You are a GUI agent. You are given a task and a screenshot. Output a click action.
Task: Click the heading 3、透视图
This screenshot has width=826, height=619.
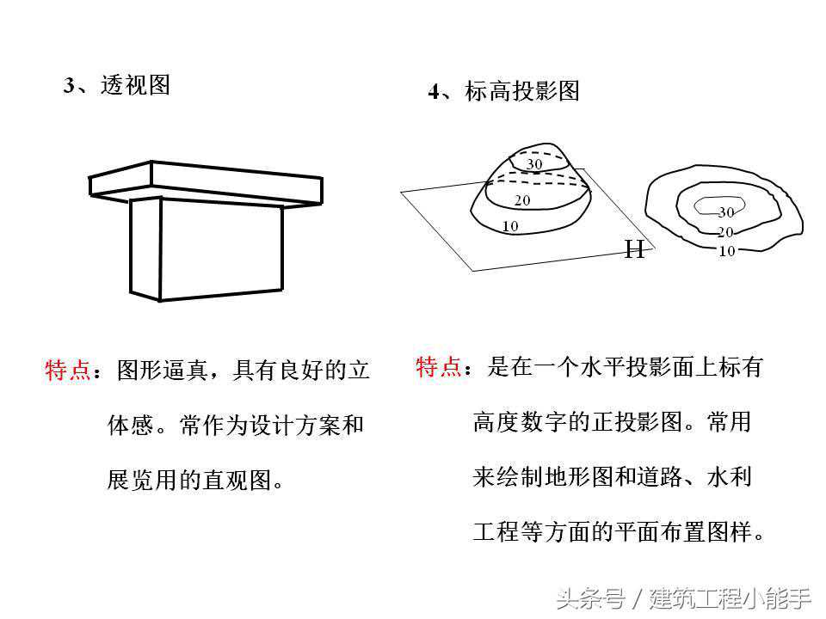click(116, 85)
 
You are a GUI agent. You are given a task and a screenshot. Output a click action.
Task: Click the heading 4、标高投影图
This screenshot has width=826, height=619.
click(503, 90)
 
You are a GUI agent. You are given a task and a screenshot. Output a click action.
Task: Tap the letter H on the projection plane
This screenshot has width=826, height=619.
click(635, 249)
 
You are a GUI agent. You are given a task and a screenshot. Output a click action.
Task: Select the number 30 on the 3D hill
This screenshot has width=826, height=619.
click(534, 163)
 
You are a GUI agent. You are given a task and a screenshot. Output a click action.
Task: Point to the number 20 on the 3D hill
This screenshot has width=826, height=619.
click(522, 200)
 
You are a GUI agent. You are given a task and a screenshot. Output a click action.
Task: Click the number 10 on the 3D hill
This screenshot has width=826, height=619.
click(510, 226)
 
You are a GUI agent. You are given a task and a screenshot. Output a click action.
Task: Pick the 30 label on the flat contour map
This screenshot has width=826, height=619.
click(726, 212)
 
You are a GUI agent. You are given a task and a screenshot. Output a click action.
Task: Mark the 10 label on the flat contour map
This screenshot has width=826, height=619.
click(726, 251)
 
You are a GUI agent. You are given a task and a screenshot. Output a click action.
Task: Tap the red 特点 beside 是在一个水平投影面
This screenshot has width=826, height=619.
click(439, 366)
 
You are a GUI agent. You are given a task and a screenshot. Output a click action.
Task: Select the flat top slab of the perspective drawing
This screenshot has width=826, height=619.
click(206, 182)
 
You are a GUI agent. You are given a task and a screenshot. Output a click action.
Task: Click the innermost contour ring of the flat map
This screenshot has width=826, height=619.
click(719, 205)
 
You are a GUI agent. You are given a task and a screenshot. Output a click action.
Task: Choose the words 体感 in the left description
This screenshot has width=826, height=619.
click(130, 425)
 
